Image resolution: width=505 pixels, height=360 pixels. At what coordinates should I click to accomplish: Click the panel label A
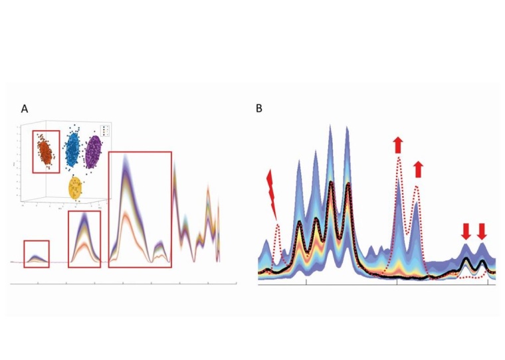25,108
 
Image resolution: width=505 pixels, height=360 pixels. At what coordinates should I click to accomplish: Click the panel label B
260,108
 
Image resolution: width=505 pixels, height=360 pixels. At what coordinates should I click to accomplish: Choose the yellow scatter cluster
76,188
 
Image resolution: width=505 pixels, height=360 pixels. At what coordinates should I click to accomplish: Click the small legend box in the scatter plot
104,130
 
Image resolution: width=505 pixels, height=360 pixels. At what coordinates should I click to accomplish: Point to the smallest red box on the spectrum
37,254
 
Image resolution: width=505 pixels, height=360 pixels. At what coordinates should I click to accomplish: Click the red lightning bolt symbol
270,193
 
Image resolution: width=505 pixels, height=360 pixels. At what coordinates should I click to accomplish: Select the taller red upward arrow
398,144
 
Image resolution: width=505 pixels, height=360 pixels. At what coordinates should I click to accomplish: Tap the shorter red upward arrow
418,169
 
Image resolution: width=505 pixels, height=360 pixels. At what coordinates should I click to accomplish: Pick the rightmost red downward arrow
482,230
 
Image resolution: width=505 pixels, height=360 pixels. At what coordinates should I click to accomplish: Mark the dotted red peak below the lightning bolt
278,229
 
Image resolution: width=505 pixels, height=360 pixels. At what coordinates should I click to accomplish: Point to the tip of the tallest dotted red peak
399,157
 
